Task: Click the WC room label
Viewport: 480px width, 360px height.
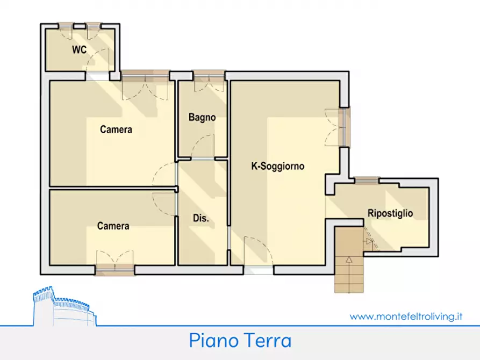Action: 80,50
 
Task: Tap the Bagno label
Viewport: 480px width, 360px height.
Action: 202,117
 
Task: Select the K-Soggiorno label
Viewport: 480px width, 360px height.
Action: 278,167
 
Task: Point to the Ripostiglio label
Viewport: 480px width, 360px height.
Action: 390,213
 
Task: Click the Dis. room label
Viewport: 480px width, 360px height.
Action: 200,219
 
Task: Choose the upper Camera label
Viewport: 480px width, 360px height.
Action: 116,129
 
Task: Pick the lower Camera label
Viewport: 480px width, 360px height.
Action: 113,226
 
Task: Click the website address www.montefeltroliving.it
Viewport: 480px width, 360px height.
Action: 406,316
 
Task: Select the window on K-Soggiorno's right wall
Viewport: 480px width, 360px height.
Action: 346,127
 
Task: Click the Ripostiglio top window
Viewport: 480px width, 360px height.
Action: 367,181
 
